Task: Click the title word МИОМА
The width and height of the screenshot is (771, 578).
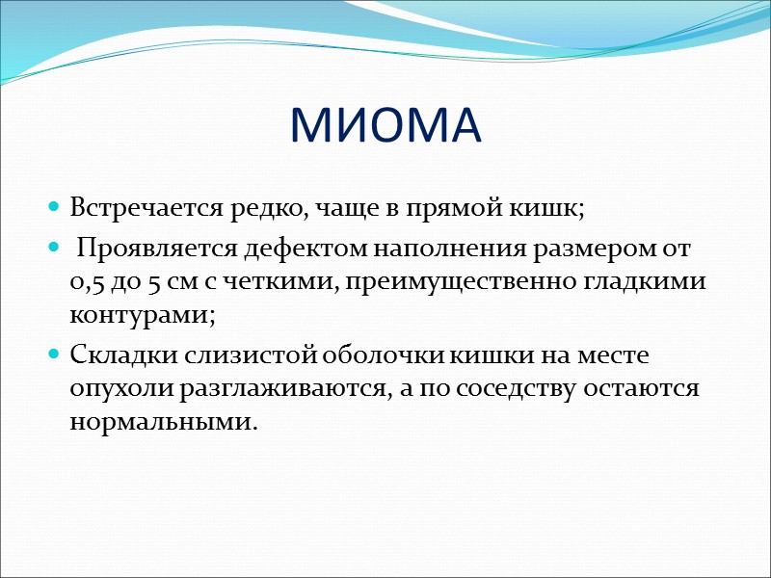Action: (385, 126)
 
